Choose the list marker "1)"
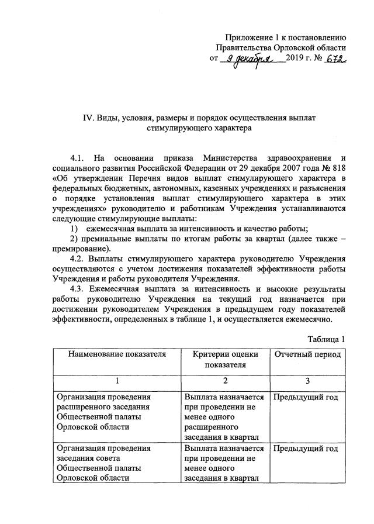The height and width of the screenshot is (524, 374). (74, 229)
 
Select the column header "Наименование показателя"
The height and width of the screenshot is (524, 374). (116, 354)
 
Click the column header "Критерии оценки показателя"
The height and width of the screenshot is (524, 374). (224, 360)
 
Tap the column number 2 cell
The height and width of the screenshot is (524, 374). (224, 380)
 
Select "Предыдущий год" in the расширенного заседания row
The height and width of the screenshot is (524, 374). (306, 398)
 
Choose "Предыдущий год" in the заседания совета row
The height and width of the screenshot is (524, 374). (306, 449)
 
